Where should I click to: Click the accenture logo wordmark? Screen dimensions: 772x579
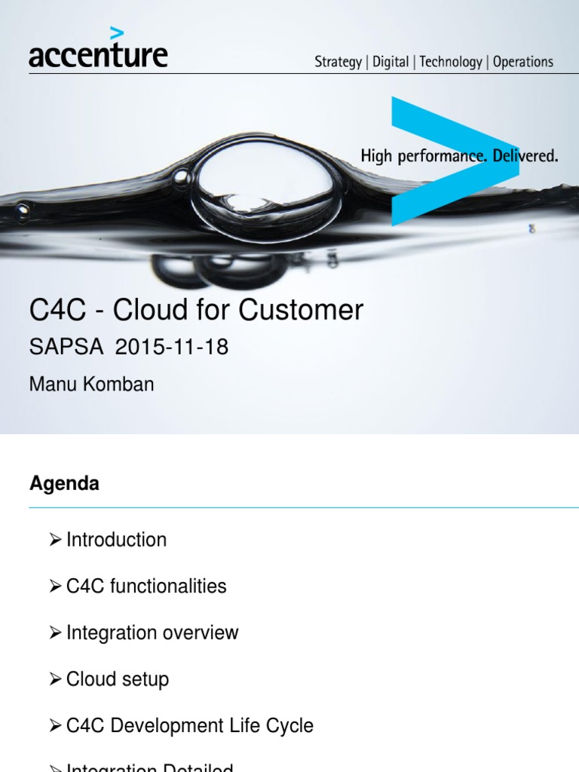[x=98, y=55]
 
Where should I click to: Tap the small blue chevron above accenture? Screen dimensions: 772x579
[x=116, y=33]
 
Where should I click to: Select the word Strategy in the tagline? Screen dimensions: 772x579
[x=338, y=63]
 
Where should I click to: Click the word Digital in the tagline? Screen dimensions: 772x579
[x=391, y=63]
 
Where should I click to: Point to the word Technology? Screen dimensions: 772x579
[x=450, y=63]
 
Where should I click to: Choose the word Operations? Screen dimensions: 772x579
[x=523, y=63]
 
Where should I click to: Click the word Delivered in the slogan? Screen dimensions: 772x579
[x=524, y=157]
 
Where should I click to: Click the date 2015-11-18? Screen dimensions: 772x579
[x=172, y=348]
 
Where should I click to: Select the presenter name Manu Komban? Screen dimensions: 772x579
[x=91, y=384]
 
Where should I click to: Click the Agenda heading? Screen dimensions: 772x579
[x=64, y=484]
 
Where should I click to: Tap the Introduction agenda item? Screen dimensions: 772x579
[x=116, y=540]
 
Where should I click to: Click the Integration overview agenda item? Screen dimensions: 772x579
[x=152, y=633]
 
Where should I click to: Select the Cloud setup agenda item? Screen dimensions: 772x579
[x=118, y=679]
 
